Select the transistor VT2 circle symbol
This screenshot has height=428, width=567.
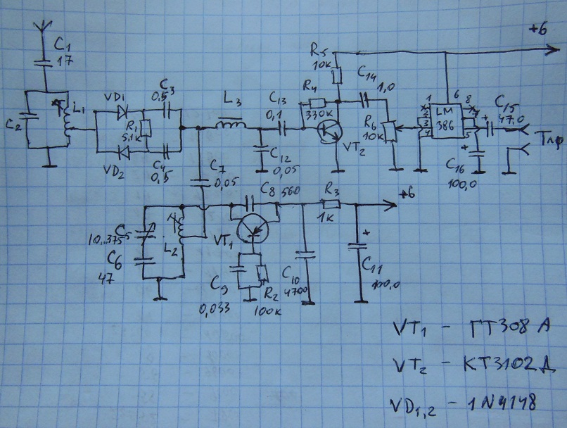point(329,132)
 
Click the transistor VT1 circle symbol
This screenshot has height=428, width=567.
point(251,227)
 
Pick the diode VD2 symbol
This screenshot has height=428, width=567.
point(125,150)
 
